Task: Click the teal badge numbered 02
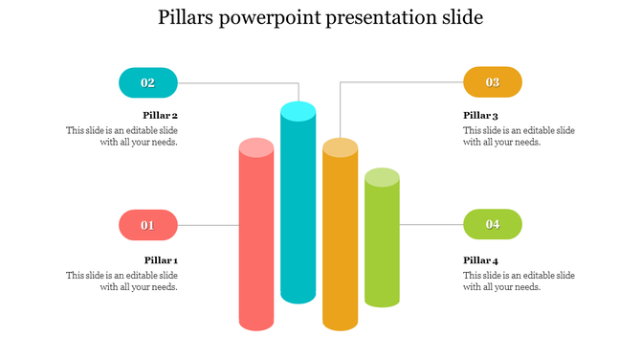[x=148, y=82]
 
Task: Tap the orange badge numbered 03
[x=493, y=82]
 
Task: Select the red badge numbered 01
[x=148, y=225]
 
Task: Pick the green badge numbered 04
[x=493, y=225]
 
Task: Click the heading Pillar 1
[x=161, y=260]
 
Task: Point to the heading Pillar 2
[x=161, y=116]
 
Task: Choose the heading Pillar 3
[x=481, y=116]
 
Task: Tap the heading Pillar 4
[x=481, y=260]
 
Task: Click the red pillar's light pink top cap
[x=256, y=147]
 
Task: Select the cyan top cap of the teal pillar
[x=298, y=110]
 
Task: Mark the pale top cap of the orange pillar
[x=340, y=147]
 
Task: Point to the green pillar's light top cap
[x=382, y=177]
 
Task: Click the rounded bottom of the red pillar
[x=256, y=321]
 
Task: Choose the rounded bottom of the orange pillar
[x=340, y=323]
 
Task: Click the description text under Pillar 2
[x=122, y=136]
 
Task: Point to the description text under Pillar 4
[x=519, y=281]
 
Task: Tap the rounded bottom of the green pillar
[x=382, y=300]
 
